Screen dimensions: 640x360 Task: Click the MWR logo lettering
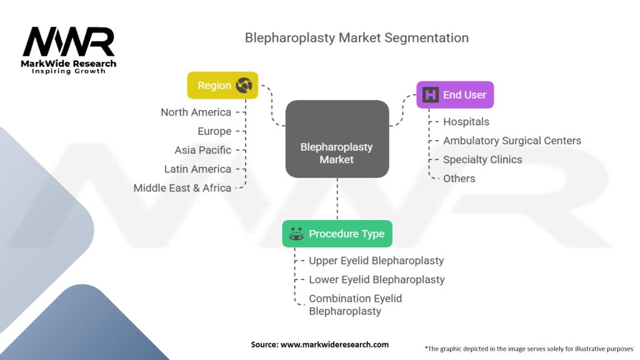click(69, 41)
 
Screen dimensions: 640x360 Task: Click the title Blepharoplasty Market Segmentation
click(357, 37)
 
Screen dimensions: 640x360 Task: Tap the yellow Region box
click(222, 85)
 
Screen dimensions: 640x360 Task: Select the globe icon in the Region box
click(244, 85)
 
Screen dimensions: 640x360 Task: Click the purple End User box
click(455, 95)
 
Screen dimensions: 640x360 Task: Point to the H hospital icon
click(430, 95)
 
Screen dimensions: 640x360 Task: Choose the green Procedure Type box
click(337, 234)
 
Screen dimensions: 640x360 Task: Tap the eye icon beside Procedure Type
click(296, 234)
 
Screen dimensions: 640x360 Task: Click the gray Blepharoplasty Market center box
click(337, 139)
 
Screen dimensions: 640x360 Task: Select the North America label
click(196, 112)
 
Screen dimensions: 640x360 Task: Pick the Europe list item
click(214, 131)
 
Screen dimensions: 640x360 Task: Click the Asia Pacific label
click(203, 150)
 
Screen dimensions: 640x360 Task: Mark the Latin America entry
click(197, 169)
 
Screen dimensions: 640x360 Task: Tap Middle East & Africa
click(182, 188)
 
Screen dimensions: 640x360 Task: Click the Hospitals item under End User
click(466, 122)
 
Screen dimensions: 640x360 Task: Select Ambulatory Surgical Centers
click(512, 141)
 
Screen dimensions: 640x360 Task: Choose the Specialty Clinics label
click(482, 159)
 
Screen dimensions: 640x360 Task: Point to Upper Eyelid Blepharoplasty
click(376, 261)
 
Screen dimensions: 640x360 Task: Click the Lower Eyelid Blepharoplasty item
click(377, 279)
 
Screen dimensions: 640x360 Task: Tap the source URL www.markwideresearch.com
click(335, 344)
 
